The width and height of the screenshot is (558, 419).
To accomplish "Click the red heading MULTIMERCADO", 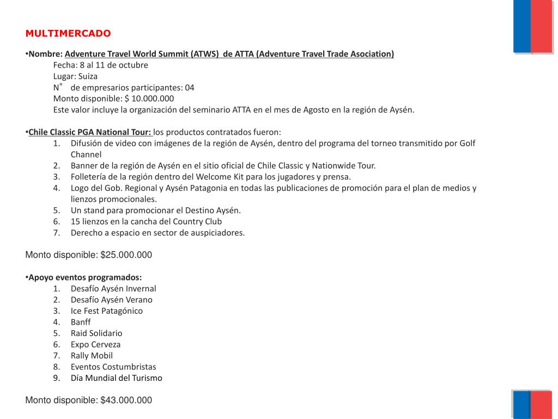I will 68,34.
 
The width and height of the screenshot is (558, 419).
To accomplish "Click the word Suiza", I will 88,76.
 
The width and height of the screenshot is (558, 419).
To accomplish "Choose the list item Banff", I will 81,322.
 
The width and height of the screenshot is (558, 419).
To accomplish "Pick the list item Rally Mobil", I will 92,356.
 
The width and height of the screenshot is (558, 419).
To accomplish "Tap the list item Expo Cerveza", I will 95,344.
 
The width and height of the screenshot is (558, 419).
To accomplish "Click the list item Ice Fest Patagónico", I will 106,311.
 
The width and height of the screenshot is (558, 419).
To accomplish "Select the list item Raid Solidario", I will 96,333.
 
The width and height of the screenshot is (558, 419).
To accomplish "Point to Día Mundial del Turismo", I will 116,378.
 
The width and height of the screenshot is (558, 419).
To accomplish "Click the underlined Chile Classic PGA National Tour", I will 89,132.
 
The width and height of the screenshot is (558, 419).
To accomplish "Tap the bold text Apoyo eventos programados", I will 84,277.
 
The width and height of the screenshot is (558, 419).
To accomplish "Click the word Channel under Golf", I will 86,154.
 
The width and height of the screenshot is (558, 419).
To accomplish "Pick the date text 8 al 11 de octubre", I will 114,65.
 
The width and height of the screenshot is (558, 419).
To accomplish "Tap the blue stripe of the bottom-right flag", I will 521,404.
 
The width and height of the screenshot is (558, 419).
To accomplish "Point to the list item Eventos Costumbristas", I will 113,367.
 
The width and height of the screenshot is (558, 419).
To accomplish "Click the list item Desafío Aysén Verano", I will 111,300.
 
